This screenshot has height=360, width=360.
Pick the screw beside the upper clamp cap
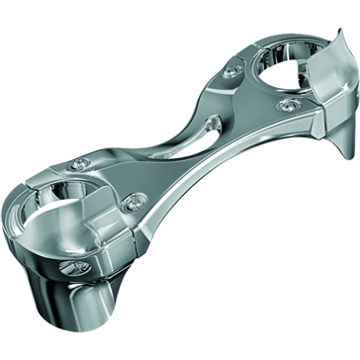(289, 104)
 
